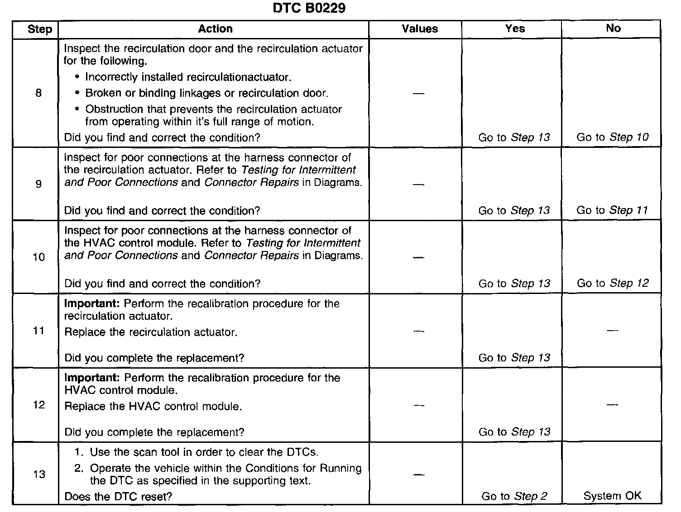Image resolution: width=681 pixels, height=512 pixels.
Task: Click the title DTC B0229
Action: [309, 9]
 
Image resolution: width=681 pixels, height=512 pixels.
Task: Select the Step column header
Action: [40, 29]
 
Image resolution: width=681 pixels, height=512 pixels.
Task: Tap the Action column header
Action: [215, 29]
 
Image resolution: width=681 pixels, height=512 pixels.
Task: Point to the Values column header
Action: [420, 29]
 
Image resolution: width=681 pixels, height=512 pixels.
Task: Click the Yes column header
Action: [515, 28]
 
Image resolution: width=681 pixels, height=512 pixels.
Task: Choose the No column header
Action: [613, 28]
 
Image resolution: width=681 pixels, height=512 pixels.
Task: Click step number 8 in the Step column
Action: [38, 93]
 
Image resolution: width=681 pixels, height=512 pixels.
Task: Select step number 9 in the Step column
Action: [38, 183]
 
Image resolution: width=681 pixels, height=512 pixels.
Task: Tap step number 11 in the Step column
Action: [39, 331]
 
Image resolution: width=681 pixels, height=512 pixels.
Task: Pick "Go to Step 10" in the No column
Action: [612, 137]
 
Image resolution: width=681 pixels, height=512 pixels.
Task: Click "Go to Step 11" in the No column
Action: [612, 210]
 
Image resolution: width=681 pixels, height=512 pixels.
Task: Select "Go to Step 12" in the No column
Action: [613, 283]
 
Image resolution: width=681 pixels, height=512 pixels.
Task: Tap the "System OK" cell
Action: [612, 496]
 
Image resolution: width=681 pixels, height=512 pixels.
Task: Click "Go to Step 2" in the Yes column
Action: [514, 496]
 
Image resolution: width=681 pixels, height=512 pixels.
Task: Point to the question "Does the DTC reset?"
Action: [118, 497]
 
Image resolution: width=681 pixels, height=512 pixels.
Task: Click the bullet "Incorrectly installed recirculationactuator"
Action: [187, 77]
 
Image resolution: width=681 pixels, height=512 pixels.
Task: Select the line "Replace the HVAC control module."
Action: [153, 406]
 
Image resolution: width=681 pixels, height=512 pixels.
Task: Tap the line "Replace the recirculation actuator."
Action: [151, 332]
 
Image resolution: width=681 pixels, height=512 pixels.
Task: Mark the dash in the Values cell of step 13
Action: [419, 475]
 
